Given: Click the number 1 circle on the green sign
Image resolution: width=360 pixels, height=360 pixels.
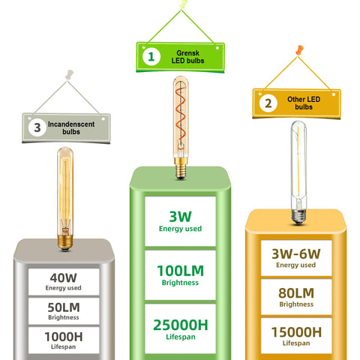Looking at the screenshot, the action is [151, 57].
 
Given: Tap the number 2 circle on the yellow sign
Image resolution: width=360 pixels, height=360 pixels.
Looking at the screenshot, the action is [268, 103].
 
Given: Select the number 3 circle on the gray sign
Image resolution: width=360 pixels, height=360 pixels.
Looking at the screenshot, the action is [37, 127].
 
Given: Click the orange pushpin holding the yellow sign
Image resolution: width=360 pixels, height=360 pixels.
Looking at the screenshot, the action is [299, 49].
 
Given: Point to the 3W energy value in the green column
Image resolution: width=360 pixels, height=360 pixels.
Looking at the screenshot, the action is [180, 217].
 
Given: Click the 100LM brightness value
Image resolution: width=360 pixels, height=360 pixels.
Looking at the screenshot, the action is [181, 271].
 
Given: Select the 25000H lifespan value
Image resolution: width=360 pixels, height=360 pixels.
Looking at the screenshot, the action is [181, 325].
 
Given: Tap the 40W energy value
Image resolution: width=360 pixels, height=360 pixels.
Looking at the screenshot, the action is [64, 277].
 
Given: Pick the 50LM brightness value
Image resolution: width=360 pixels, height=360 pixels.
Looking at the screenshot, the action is [64, 307].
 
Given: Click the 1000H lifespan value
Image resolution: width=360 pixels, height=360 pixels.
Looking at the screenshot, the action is [64, 337].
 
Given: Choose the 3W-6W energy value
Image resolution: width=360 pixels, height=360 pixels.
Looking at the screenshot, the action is [296, 254].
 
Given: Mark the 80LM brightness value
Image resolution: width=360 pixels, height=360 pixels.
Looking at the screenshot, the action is [296, 293].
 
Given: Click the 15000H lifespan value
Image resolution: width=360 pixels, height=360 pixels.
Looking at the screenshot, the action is [296, 332].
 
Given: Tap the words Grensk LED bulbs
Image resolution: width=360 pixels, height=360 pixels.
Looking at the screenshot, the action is [187, 57].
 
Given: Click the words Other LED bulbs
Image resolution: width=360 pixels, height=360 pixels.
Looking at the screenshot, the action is [304, 103].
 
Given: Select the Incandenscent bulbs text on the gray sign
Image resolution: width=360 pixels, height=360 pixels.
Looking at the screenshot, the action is [71, 127].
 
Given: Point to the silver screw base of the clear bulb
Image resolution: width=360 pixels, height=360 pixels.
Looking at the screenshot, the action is [298, 216].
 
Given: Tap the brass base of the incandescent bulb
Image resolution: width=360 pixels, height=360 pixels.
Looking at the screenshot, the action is [65, 242].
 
